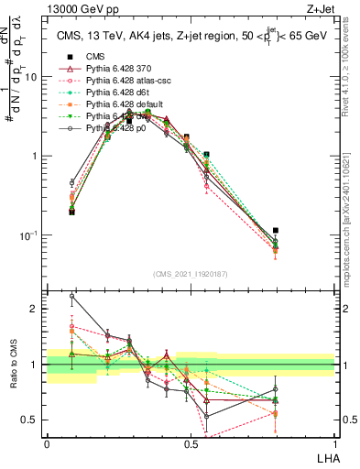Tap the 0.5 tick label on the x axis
pos(191,443)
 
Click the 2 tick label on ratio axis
pos(35,309)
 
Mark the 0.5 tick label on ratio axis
pos(31,420)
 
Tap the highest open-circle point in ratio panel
pos(72,296)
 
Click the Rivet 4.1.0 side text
pos(351,73)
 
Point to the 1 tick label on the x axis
pos(334,443)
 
